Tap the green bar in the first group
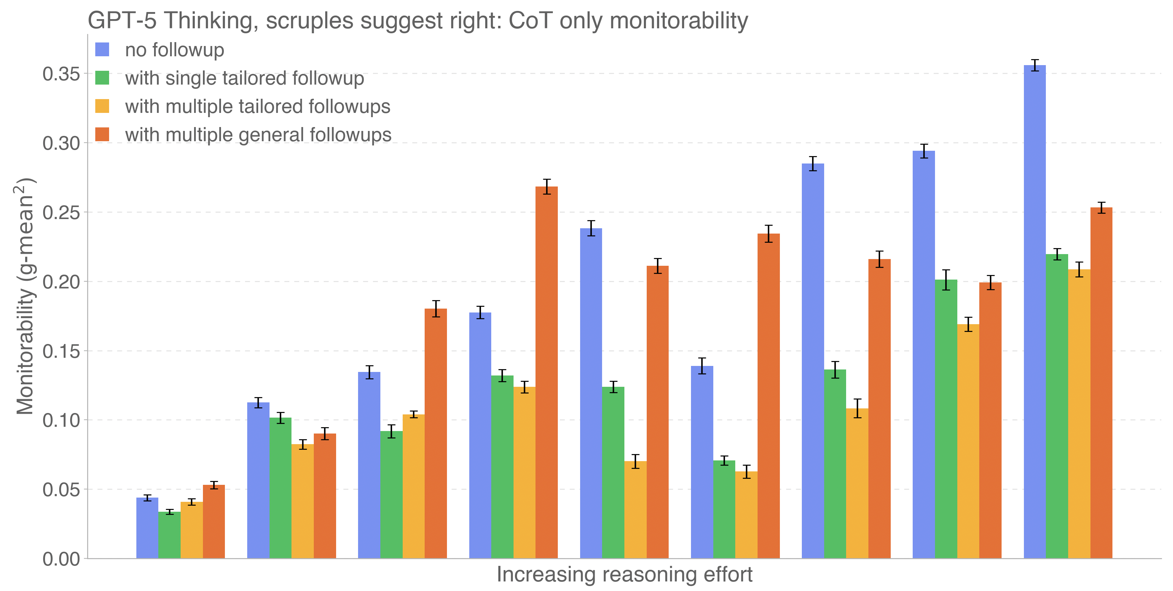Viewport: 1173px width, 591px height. tap(169, 535)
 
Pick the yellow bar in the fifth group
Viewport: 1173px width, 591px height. tap(635, 510)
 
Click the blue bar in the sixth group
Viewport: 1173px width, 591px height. tap(702, 462)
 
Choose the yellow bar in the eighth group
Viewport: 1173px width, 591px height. tap(968, 441)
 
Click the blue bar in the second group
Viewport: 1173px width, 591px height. tap(258, 480)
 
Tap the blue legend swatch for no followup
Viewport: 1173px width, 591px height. tap(102, 50)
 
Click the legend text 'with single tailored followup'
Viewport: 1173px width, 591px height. tap(244, 78)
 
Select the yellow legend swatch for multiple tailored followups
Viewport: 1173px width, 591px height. tap(102, 107)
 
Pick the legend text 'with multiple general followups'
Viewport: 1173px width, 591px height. tap(258, 135)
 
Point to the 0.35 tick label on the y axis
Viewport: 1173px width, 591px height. tap(61, 74)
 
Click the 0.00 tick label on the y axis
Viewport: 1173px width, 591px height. tap(61, 559)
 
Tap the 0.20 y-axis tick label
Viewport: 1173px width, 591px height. tap(61, 282)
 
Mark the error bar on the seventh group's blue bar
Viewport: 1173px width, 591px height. tap(813, 163)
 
